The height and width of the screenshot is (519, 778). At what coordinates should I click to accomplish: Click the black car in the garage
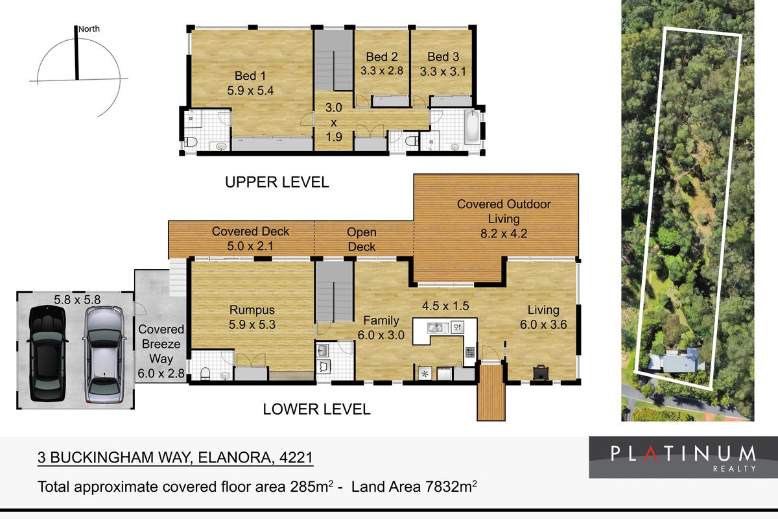47,353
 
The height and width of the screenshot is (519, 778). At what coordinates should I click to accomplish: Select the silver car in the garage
104,354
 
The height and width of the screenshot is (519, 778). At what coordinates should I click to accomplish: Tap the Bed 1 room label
250,76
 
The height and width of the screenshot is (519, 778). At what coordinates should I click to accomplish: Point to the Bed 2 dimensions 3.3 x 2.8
382,71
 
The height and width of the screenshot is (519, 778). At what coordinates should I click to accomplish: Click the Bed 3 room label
443,56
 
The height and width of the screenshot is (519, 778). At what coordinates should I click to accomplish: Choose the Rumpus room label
252,309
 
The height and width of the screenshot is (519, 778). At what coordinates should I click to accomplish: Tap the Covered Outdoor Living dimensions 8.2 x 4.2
504,234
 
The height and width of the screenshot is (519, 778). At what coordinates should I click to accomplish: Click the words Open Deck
362,239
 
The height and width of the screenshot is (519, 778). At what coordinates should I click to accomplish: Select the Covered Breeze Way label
161,344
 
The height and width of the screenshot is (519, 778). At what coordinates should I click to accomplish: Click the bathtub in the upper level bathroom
473,127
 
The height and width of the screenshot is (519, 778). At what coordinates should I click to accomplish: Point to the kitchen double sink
437,328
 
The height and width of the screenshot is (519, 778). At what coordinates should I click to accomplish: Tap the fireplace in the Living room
541,372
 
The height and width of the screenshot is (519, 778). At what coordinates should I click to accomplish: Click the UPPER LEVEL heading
277,182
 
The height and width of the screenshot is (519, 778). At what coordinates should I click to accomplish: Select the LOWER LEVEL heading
316,409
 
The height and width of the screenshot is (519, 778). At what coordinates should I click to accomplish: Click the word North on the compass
89,29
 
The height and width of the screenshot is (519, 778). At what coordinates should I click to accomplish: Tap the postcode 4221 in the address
296,457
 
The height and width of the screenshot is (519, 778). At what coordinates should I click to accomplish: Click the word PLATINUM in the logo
683,453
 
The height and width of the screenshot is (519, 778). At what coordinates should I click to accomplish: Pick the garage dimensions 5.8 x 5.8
77,300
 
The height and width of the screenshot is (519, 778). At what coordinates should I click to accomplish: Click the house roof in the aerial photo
676,361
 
